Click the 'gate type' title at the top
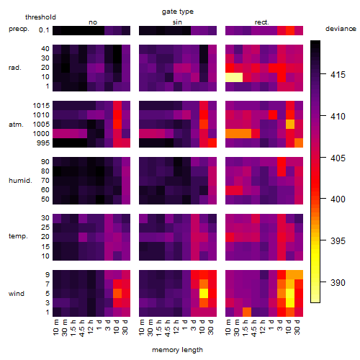178,12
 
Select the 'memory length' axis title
177,350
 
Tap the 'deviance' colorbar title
341,29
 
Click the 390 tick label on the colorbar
338,282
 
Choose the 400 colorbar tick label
338,199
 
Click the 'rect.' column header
262,22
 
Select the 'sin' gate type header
177,22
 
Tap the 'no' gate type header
93,22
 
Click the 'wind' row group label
17,294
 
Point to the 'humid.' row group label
20,181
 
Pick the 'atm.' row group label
16,125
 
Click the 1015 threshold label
41,106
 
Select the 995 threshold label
43,143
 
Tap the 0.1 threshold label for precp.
44,30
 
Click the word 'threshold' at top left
40,17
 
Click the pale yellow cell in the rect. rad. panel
234,77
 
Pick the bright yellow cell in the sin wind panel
204,294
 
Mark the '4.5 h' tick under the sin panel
168,328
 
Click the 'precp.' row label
19,29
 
